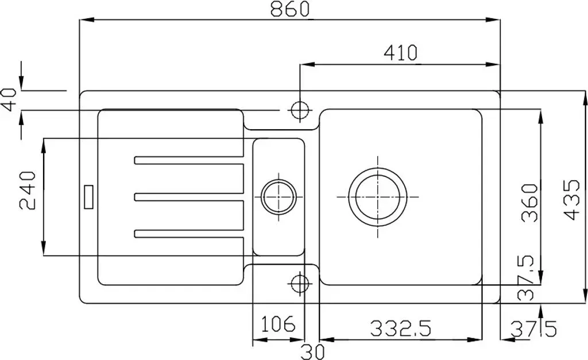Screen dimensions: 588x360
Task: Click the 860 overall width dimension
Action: tap(290, 9)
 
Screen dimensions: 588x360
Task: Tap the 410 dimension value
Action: tap(400, 53)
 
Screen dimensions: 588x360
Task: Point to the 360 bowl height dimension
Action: tap(530, 203)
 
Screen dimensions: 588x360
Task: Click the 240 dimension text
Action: tap(28, 191)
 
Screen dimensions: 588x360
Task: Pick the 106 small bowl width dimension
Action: tap(278, 324)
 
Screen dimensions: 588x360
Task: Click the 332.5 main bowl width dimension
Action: tap(401, 328)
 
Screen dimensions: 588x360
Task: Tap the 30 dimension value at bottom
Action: tap(312, 352)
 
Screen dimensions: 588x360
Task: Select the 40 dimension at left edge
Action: tap(9, 100)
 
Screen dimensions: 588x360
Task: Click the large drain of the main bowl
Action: tap(377, 197)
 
